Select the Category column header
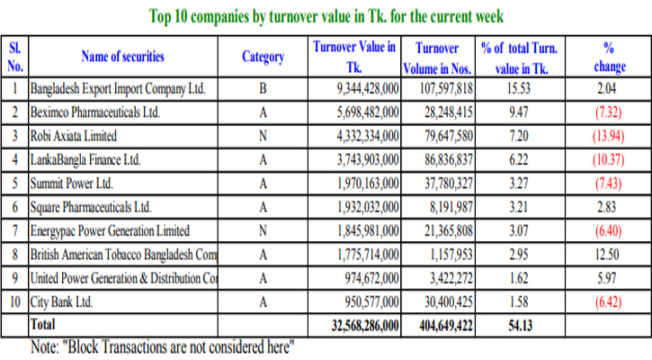coord(263,57)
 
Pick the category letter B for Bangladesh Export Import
coord(263,89)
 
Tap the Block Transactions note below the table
coord(163,346)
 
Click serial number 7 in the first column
coord(15,229)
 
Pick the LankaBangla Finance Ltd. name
coord(85,159)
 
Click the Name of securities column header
coord(123,57)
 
